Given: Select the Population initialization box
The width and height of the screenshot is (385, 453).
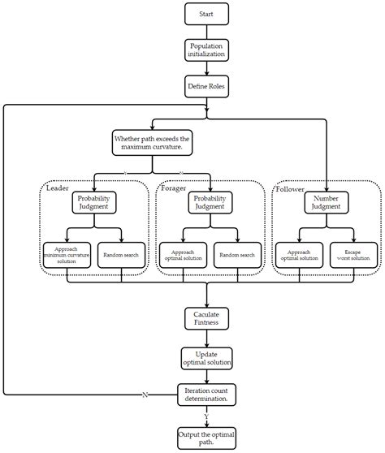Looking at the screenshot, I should click(206, 50).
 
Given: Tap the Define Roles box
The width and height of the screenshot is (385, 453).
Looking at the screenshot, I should click(206, 85).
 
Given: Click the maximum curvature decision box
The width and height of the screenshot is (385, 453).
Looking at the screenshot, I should click(152, 145).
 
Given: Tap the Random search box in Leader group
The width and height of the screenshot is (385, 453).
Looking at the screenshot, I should click(122, 255).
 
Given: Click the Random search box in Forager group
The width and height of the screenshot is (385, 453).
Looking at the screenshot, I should click(237, 255).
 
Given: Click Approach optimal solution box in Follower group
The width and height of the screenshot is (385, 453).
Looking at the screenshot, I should click(298, 255).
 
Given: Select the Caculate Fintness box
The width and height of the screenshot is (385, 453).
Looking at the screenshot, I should click(206, 318).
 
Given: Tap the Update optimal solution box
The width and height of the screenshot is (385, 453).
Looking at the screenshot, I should click(206, 357).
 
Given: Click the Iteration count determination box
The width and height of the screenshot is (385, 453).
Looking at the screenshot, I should click(206, 395).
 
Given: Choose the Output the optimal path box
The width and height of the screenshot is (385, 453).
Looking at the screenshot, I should click(206, 438).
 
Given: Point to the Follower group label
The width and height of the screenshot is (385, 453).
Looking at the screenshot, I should click(290, 188).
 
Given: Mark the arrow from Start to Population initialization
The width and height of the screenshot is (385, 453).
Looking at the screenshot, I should click(206, 31).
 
